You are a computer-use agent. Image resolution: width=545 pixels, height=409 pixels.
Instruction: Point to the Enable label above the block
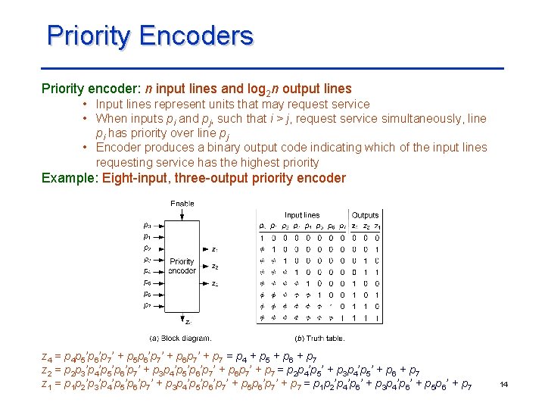point(182,204)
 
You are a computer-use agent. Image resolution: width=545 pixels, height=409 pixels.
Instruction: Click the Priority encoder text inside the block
point(182,266)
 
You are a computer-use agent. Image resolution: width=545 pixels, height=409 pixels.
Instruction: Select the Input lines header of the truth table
point(301,216)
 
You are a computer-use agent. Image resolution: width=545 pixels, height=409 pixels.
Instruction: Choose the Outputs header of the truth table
point(365,216)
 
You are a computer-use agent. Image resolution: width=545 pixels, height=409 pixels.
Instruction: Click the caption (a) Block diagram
point(180,338)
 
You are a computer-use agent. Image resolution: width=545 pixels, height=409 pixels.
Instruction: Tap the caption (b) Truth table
point(319,338)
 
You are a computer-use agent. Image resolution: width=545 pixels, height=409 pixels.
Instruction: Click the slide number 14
point(503,386)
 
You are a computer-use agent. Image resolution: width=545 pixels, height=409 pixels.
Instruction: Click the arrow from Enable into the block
point(182,215)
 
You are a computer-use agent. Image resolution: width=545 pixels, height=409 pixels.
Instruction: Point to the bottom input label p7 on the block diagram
point(147,305)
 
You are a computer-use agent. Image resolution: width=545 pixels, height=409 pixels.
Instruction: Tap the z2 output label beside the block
point(215,267)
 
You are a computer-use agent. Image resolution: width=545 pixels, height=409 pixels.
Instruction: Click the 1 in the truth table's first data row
point(263,237)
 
